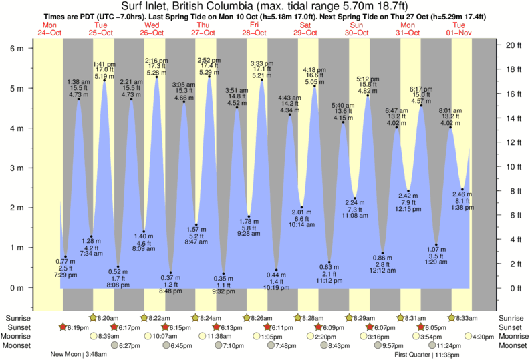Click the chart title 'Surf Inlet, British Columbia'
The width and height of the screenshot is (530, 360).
pos(265,6)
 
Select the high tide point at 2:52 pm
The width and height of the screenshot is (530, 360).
pos(209,77)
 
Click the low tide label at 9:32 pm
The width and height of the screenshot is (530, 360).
pos(223,285)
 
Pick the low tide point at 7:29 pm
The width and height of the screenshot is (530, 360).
pos(65,256)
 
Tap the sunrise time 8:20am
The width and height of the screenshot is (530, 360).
pos(109,317)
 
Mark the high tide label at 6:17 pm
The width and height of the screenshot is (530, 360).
pos(420,95)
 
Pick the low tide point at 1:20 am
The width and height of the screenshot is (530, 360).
pos(436,244)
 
